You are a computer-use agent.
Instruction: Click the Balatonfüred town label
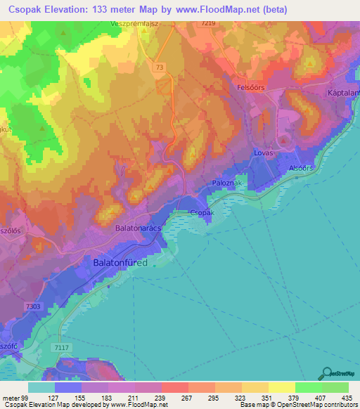120,263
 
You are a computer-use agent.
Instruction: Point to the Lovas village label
264,152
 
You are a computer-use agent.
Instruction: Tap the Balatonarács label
141,229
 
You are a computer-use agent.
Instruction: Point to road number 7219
207,24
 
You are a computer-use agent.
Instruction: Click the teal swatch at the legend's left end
41,387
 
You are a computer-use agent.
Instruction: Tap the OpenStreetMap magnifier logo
326,373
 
